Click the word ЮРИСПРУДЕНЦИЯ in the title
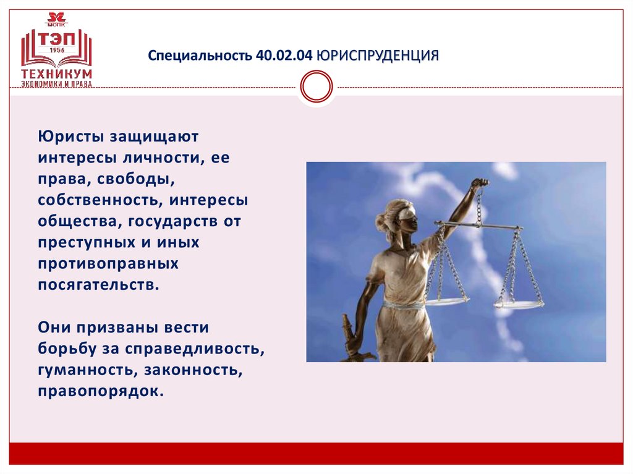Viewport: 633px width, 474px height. coord(378,56)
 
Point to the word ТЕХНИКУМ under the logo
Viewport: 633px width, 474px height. coord(56,73)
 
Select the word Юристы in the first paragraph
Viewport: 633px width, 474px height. coord(72,135)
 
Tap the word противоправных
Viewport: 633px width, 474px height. coord(108,264)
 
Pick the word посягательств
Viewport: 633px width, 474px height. coord(98,285)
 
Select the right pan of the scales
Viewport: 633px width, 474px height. coord(519,304)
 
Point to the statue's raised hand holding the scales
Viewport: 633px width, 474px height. coord(478,183)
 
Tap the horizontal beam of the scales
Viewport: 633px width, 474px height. coord(478,226)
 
